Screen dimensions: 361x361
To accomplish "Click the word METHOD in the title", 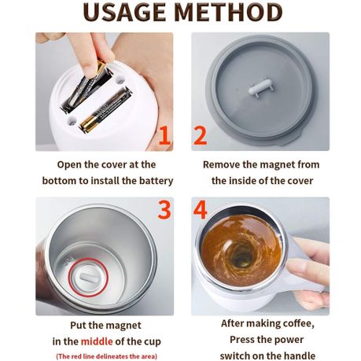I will (233, 13).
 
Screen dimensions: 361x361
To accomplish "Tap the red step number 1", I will (164, 135).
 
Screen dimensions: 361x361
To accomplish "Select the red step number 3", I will (164, 210).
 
